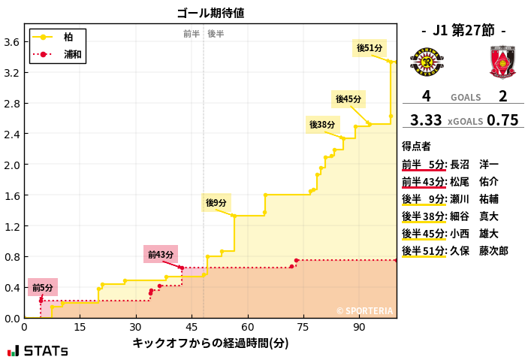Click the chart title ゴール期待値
tap(210, 13)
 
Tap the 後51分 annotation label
tap(370, 48)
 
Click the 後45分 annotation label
tap(348, 99)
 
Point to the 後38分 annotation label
tap(322, 124)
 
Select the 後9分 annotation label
tap(216, 203)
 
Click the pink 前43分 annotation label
tap(161, 255)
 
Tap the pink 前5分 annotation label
tap(43, 288)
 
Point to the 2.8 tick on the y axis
tap(12, 103)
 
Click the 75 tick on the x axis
tap(303, 327)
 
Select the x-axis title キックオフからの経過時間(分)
tap(210, 343)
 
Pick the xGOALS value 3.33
tap(426, 120)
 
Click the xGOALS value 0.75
tap(502, 120)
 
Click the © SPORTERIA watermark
tap(364, 310)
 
